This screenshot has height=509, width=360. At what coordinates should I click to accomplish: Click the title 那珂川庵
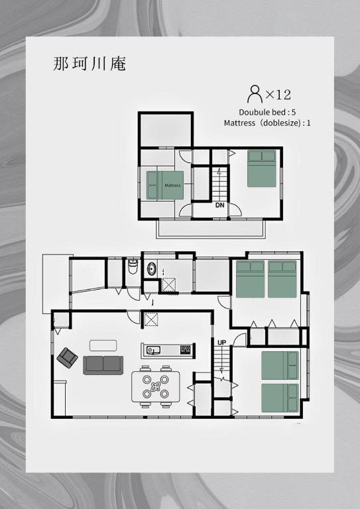90,64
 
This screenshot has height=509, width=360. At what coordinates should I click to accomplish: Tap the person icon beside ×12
254,92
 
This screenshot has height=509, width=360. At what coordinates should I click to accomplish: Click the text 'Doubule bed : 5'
267,112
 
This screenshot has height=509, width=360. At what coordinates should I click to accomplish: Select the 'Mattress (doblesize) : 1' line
267,123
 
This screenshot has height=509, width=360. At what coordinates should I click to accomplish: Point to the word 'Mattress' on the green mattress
172,185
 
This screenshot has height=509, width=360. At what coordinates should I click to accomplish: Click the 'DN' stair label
219,205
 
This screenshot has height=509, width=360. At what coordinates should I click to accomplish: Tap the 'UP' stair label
222,342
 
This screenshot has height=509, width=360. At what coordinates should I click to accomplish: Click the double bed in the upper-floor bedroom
262,169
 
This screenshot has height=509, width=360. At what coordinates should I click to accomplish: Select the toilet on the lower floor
132,267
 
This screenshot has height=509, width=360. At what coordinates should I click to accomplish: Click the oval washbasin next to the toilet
152,269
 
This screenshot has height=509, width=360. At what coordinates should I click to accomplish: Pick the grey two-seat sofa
103,364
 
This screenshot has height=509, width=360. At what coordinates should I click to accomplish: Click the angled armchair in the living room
67,358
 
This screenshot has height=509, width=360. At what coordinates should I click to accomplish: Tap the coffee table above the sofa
103,345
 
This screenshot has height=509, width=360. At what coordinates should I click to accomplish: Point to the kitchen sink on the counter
153,350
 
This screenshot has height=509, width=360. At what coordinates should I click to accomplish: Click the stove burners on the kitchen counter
185,349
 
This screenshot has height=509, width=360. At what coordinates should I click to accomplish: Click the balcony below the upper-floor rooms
211,229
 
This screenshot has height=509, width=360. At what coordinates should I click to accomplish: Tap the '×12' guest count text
278,94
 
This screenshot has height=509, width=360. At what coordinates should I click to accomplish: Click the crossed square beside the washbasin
169,284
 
